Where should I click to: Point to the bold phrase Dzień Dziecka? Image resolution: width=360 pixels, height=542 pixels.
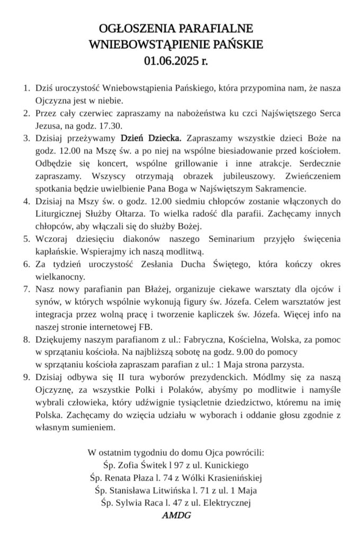coord(151,139)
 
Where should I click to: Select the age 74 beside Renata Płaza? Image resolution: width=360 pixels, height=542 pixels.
coord(175,478)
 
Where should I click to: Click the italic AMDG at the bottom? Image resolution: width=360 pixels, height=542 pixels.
coord(176,514)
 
